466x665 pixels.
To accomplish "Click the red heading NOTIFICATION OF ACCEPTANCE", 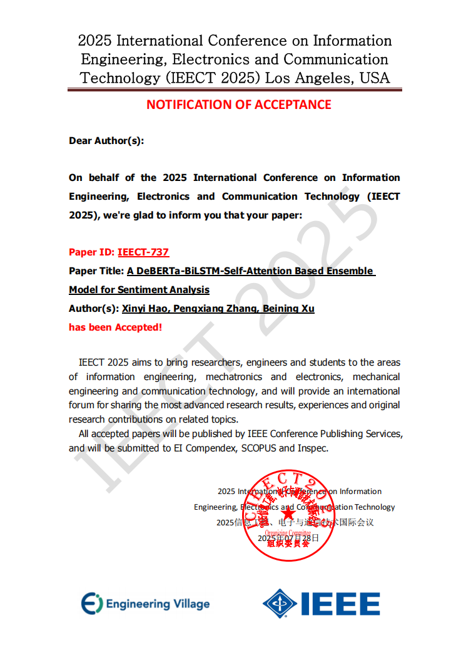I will point(238,105).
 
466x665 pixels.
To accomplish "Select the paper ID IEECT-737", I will point(143,252).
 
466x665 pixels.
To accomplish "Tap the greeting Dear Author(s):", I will point(106,141).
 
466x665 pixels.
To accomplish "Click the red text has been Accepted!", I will point(115,327).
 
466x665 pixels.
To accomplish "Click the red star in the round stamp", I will point(288,516).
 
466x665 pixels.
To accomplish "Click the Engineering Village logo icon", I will point(91,603).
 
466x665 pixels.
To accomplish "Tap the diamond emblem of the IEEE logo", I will point(280,604).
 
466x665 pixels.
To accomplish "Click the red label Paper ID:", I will point(91,252).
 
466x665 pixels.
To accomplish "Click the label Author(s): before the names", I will point(94,309).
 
